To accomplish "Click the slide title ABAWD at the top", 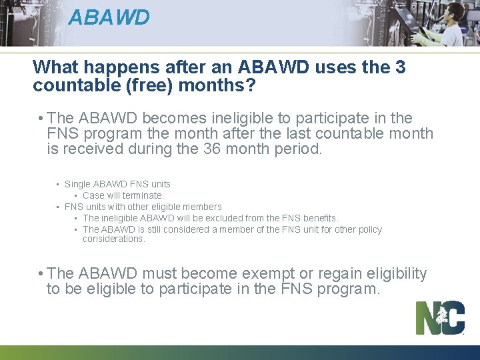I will click(109, 17).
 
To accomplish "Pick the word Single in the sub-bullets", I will click(77, 184).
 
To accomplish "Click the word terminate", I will click(143, 195).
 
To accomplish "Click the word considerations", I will click(113, 239).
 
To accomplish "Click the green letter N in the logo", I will click(427, 318).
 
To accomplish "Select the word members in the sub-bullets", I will click(199, 207).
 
